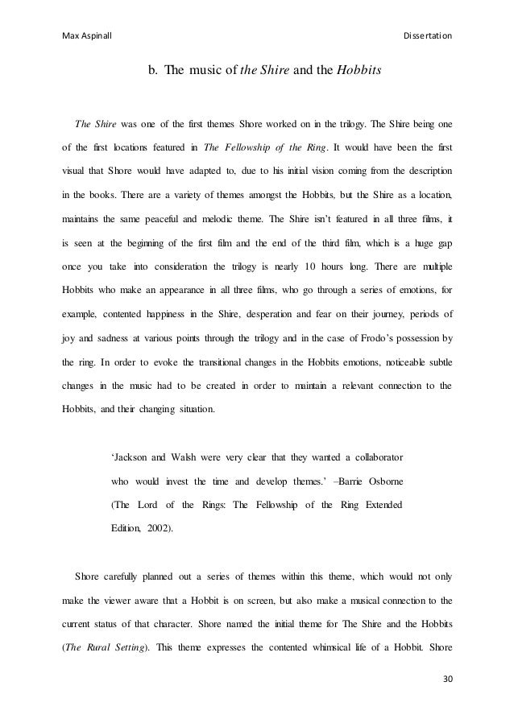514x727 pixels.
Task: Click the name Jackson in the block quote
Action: pyautogui.click(x=132, y=458)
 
